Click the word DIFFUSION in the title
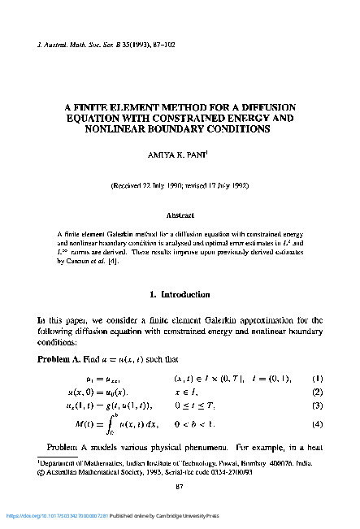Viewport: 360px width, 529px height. click(x=264, y=106)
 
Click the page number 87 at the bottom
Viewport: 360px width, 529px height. click(x=180, y=486)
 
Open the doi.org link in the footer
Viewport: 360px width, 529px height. click(x=64, y=515)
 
